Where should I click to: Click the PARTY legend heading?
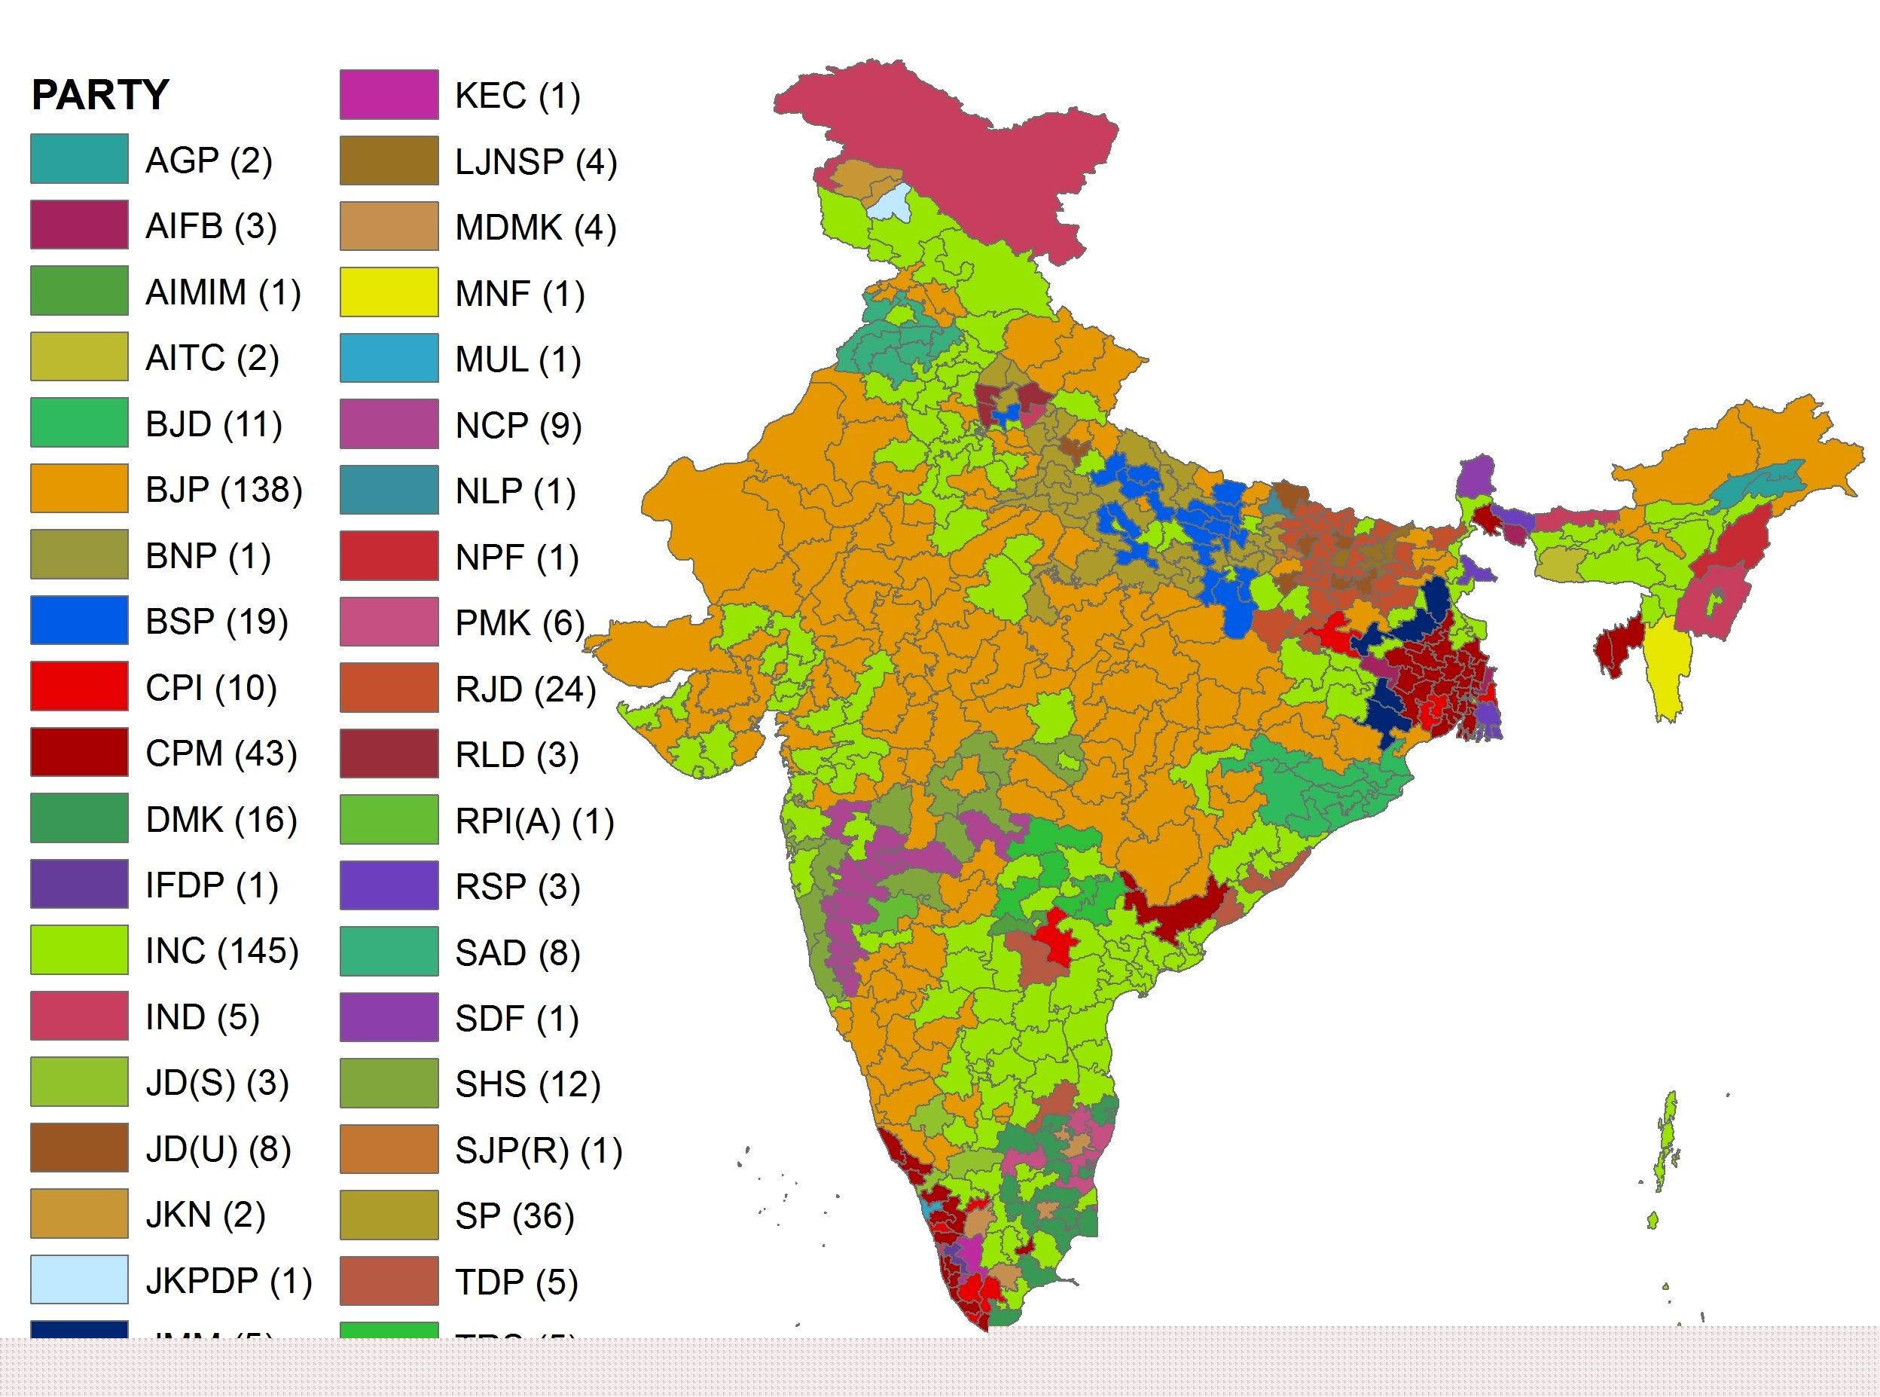[x=99, y=95]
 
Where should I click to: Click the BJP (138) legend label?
[x=223, y=490]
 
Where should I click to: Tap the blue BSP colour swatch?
[x=79, y=621]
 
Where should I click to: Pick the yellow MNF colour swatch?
[x=389, y=292]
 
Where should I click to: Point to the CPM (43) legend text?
[x=221, y=754]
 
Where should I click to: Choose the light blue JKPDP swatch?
[x=79, y=1280]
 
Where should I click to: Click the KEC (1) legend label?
[x=517, y=96]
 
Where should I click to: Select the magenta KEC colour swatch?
[x=389, y=95]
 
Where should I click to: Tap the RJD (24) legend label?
[x=525, y=689]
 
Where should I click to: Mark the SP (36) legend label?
[x=514, y=1216]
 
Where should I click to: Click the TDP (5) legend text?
[x=516, y=1282]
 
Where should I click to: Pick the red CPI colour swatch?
[x=79, y=686]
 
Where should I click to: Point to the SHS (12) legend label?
[x=526, y=1084]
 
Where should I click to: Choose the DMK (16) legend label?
[x=221, y=819]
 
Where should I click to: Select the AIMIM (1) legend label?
[x=222, y=292]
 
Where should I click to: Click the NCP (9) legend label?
[x=517, y=426]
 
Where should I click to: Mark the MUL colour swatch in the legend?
[x=389, y=359]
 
